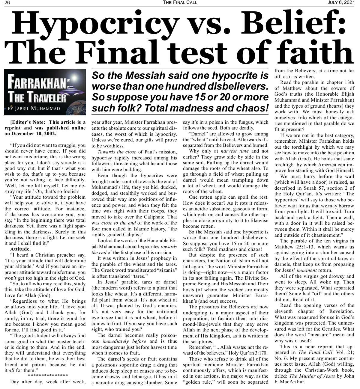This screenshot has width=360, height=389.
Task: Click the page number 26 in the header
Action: pos(7,3)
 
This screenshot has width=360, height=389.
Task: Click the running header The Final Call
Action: pos(180,3)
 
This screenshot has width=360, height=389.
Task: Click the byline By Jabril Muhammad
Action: pos(34,108)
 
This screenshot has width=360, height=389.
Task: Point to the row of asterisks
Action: pos(48,376)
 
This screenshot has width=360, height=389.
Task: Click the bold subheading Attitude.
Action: pos(20,249)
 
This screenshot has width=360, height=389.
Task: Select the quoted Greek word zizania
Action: pos(166,270)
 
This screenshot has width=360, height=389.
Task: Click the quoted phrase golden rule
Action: pos(196,382)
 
